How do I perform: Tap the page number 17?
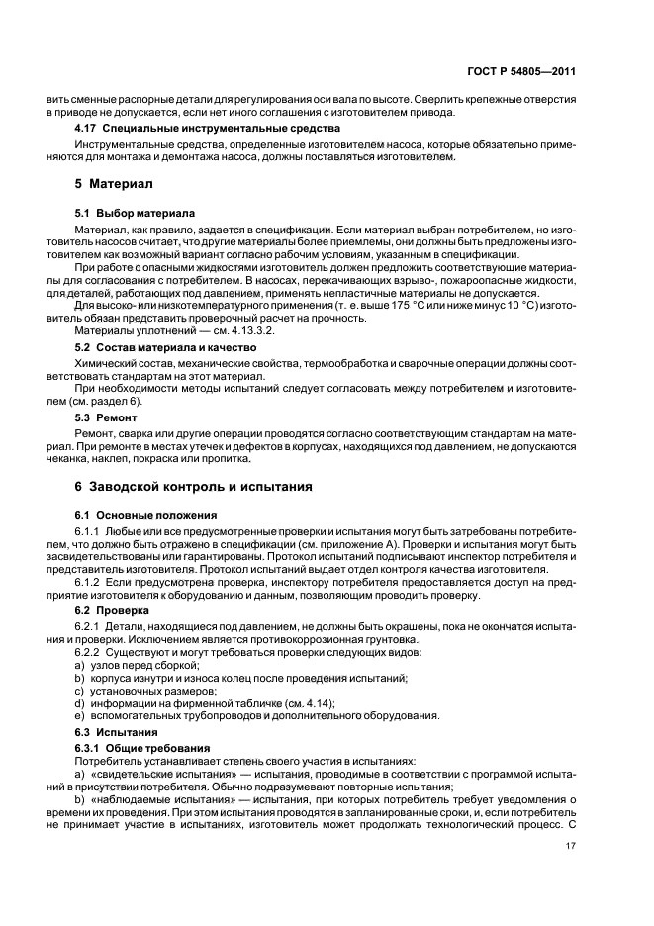click(571, 846)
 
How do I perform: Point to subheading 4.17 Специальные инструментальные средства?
click(208, 128)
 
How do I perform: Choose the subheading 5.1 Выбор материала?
click(136, 213)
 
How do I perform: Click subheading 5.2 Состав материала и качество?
click(166, 348)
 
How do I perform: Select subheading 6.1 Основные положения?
click(146, 515)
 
